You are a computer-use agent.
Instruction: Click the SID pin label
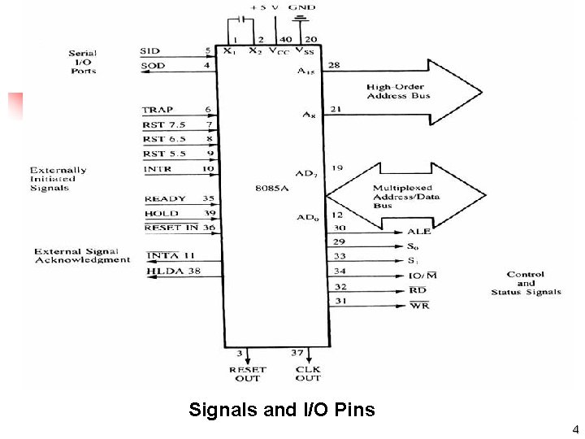(x=149, y=51)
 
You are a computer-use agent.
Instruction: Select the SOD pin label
(x=152, y=65)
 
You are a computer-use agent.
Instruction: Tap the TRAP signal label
(x=158, y=110)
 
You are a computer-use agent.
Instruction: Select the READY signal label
(x=165, y=198)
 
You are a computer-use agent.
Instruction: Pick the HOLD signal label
(x=161, y=213)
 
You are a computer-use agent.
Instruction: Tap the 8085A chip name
(x=271, y=186)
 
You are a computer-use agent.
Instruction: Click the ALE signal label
(x=418, y=232)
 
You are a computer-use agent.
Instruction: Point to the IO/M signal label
(x=422, y=276)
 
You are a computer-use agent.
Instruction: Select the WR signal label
(x=418, y=306)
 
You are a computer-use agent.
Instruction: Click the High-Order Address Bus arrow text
(x=398, y=91)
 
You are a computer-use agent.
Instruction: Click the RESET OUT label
(x=247, y=373)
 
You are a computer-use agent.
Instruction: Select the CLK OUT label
(x=308, y=373)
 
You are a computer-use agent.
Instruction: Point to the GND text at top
(x=302, y=7)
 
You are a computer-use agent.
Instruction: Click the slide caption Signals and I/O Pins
(x=281, y=410)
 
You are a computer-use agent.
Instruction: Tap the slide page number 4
(x=574, y=429)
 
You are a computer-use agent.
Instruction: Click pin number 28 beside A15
(x=334, y=64)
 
